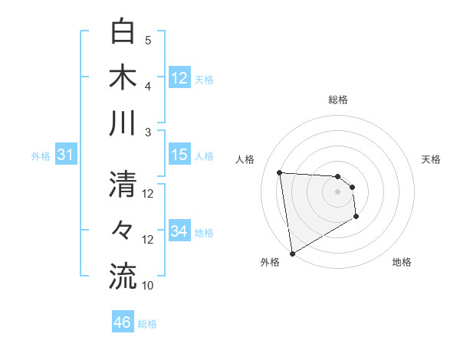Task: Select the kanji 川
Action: click(123, 123)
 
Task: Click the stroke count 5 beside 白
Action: click(148, 40)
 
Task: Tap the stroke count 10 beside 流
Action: click(148, 286)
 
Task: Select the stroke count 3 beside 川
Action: click(148, 133)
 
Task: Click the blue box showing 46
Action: click(123, 322)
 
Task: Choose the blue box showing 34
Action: click(179, 231)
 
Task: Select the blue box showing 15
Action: click(179, 155)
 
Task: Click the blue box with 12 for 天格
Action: click(179, 78)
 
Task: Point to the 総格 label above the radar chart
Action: click(338, 100)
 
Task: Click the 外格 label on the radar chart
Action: click(269, 262)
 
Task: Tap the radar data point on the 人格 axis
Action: click(280, 172)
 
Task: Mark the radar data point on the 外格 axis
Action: click(292, 253)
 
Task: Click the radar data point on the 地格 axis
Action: click(356, 217)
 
